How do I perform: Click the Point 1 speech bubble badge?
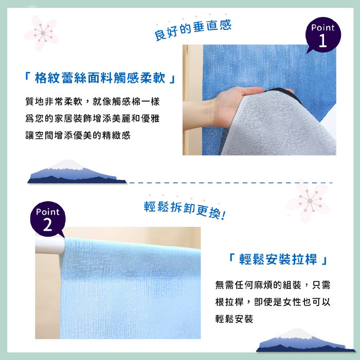tap(323, 35)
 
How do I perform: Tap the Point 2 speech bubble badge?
tap(48, 219)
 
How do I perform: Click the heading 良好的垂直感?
tap(193, 30)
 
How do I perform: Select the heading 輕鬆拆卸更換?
tap(185, 210)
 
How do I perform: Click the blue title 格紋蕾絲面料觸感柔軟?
tap(100, 78)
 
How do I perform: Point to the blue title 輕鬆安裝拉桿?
tap(278, 259)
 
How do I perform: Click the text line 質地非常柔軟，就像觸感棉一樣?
tap(93, 101)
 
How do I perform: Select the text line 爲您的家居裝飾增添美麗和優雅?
tap(93, 118)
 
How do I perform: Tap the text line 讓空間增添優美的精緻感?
tap(78, 135)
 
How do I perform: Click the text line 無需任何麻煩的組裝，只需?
tap(273, 285)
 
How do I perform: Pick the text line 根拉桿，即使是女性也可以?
tap(273, 302)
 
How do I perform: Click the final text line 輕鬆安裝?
tap(234, 319)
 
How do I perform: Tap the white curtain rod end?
tap(49, 246)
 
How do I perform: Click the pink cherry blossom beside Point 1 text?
tap(42, 33)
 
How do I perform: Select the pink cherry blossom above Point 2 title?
tap(309, 201)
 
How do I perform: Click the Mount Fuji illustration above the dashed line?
tap(77, 172)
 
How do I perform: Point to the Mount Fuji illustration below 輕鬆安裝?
tap(305, 340)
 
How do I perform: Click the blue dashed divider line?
tap(231, 183)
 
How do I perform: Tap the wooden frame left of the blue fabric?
tap(192, 100)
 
